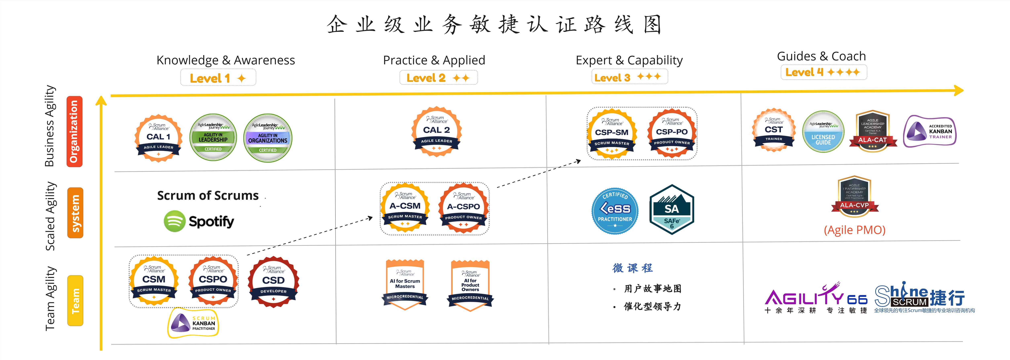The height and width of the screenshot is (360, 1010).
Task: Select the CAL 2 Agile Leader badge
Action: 436,131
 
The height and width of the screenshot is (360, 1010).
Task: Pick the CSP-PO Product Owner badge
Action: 672,133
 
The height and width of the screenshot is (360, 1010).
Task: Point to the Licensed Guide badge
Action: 823,132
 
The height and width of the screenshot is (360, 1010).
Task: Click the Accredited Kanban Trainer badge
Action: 930,131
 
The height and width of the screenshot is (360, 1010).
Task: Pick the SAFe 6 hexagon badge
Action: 672,210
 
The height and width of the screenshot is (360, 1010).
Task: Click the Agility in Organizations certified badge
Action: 268,138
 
